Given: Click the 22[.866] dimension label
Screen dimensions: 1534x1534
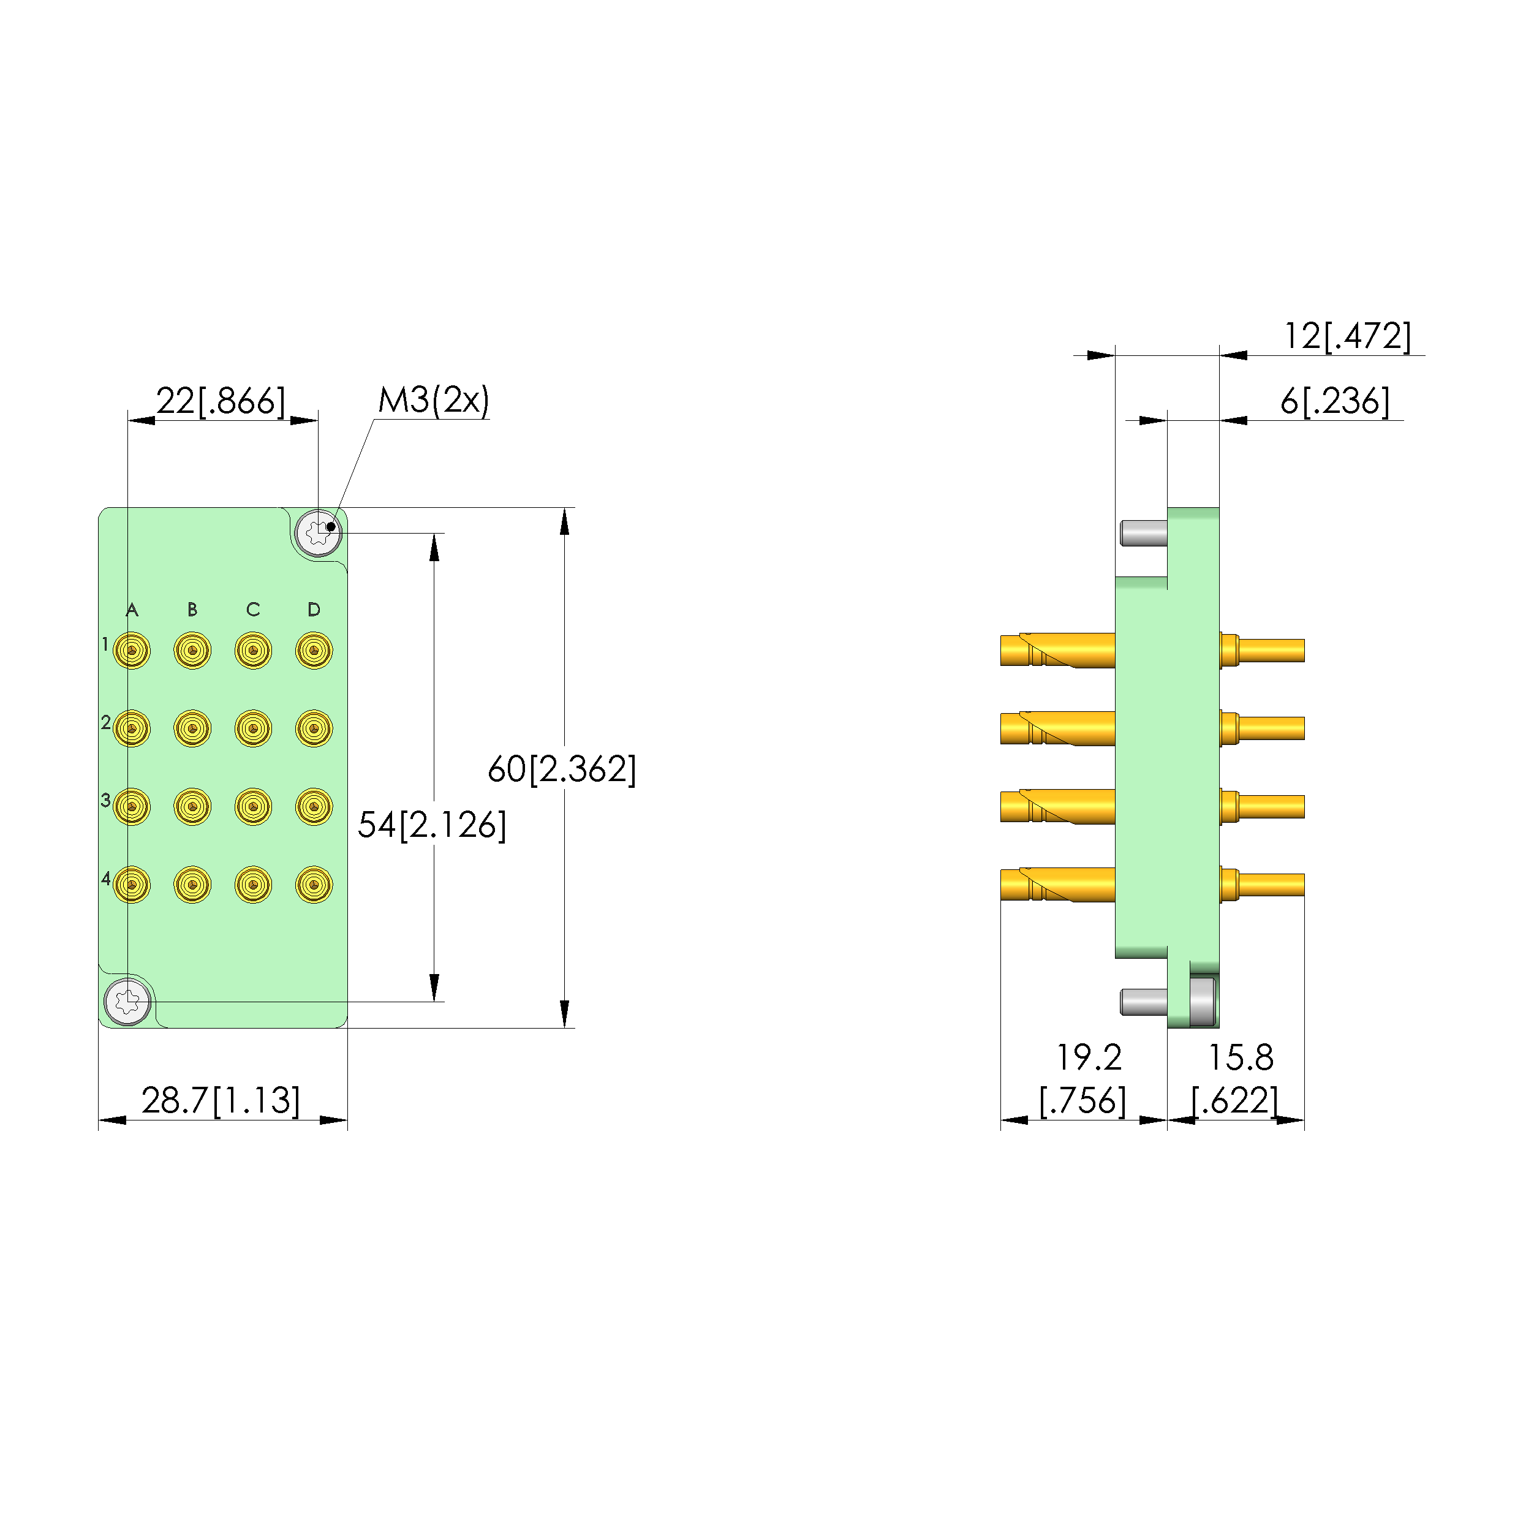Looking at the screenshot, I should pos(220,401).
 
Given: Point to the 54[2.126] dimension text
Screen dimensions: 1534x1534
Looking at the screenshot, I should pos(431,825).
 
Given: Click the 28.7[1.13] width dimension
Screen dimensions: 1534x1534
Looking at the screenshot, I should pos(221,1100).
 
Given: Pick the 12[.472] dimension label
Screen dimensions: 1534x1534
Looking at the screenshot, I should pos(1347,336).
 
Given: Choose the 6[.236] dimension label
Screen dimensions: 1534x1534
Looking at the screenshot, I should pos(1335,401).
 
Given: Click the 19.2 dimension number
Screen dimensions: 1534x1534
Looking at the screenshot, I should pos(1089,1057).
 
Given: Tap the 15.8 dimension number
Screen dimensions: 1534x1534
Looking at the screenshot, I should pos(1240,1057).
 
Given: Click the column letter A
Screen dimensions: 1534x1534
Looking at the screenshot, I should pos(132,610).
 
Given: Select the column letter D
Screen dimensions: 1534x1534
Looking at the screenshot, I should pos(314,610).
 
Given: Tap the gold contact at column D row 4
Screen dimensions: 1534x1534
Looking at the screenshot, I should pos(314,885).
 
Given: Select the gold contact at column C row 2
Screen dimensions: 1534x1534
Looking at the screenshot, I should pos(253,728).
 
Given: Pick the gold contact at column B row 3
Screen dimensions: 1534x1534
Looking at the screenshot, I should pos(192,807).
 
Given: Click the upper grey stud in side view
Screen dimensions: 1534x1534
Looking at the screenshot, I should pos(1143,533).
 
